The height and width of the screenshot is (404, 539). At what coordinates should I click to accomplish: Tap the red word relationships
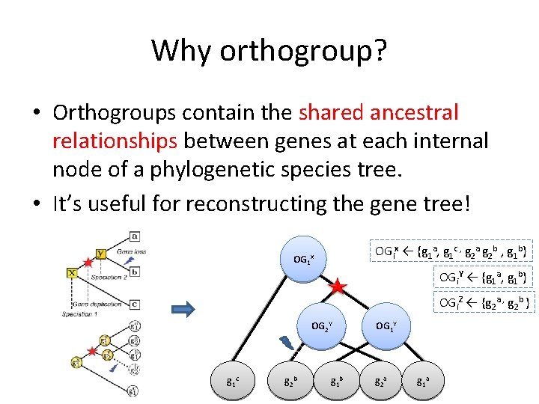click(115, 141)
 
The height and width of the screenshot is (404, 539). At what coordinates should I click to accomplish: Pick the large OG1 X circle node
click(304, 259)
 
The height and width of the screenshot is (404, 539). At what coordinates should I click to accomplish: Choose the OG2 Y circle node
click(322, 326)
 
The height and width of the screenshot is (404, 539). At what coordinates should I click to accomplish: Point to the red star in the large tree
click(338, 286)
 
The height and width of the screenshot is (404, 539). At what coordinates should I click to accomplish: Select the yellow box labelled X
click(72, 272)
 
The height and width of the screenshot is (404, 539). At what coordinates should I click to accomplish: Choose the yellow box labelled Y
click(101, 254)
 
